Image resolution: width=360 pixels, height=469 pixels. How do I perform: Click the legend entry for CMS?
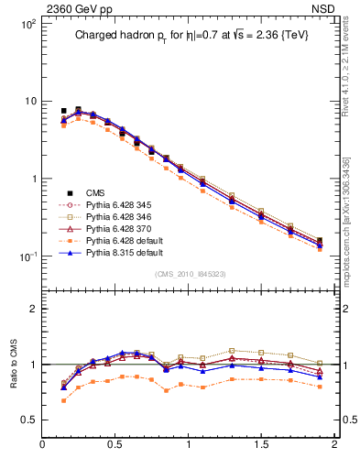95,192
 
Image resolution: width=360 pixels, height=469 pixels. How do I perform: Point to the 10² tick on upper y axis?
27,25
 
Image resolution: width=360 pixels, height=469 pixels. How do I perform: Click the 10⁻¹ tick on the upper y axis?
27,256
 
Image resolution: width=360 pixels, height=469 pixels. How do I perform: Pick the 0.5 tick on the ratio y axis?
29,420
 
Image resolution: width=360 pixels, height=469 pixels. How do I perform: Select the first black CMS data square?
63,111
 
